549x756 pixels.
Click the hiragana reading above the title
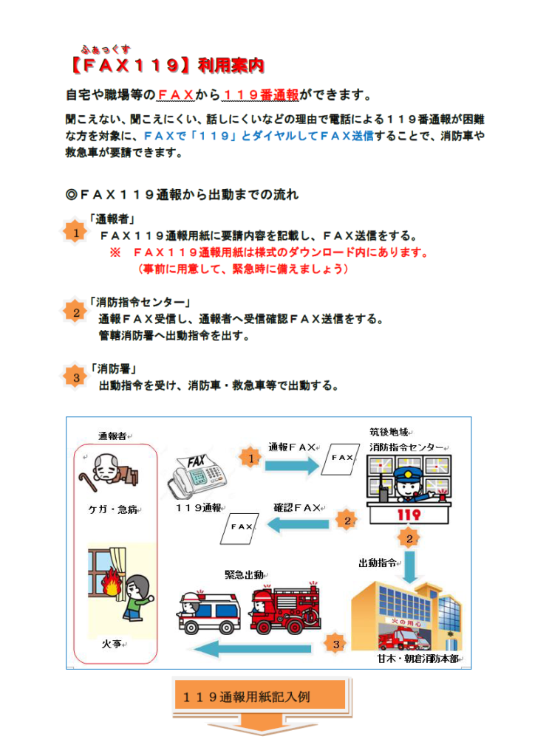coord(106,49)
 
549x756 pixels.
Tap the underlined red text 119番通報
coord(261,95)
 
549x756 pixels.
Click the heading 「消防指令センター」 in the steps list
coord(140,302)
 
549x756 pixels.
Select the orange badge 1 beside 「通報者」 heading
coord(75,233)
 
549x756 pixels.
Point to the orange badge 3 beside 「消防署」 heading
coord(76,377)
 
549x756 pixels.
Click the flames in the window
coord(112,582)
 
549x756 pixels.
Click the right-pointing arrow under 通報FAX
coord(292,465)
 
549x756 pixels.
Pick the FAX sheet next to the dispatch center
coord(341,458)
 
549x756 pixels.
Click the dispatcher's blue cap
coord(408,472)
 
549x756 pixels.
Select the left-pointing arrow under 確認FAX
coord(298,524)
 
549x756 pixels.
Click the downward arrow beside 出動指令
coord(409,567)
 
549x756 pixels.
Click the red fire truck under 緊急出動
coord(285,608)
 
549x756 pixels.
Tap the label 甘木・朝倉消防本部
coord(417,659)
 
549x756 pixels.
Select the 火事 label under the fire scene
coord(112,644)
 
